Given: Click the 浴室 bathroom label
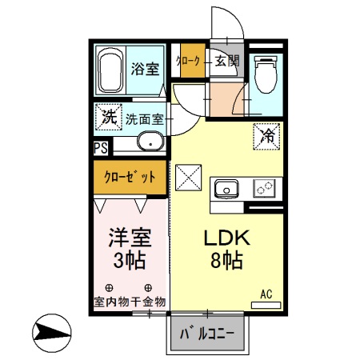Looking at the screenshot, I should point(145,68).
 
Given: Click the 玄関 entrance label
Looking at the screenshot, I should point(226,60).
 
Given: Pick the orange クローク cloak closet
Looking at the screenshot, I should point(190,61).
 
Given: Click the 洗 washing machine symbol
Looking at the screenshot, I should point(108,117).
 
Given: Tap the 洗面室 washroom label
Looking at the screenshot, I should point(146,119).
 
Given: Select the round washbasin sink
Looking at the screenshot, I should point(150,143).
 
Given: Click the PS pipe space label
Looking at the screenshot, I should point(101,147).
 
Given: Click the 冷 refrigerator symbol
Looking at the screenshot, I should point(266,136).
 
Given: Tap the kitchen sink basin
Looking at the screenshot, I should point(226,190).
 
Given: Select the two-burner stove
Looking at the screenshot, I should point(264,189).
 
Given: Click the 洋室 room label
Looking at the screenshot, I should point(128,238).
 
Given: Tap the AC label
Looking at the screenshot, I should point(266,294).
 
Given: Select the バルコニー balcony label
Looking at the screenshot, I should point(206,333).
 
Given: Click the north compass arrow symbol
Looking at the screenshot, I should point(51,330).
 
